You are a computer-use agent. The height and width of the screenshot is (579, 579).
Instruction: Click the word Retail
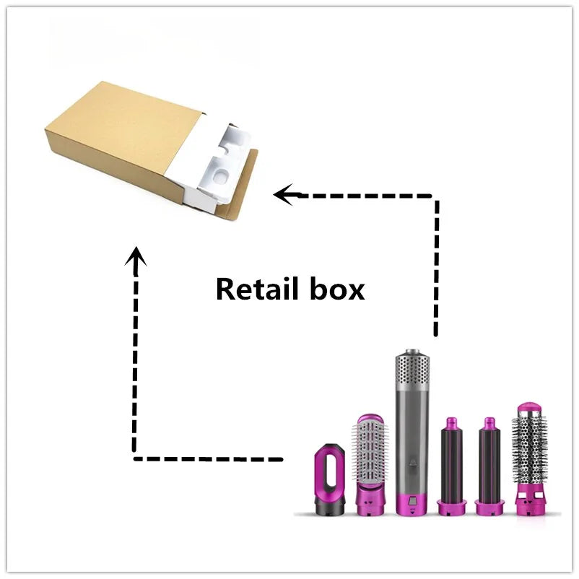pyautogui.click(x=256, y=289)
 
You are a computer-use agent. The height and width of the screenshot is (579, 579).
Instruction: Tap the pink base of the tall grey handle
pyautogui.click(x=410, y=503)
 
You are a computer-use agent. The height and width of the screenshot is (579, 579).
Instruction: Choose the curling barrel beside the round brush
pyautogui.click(x=489, y=462)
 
